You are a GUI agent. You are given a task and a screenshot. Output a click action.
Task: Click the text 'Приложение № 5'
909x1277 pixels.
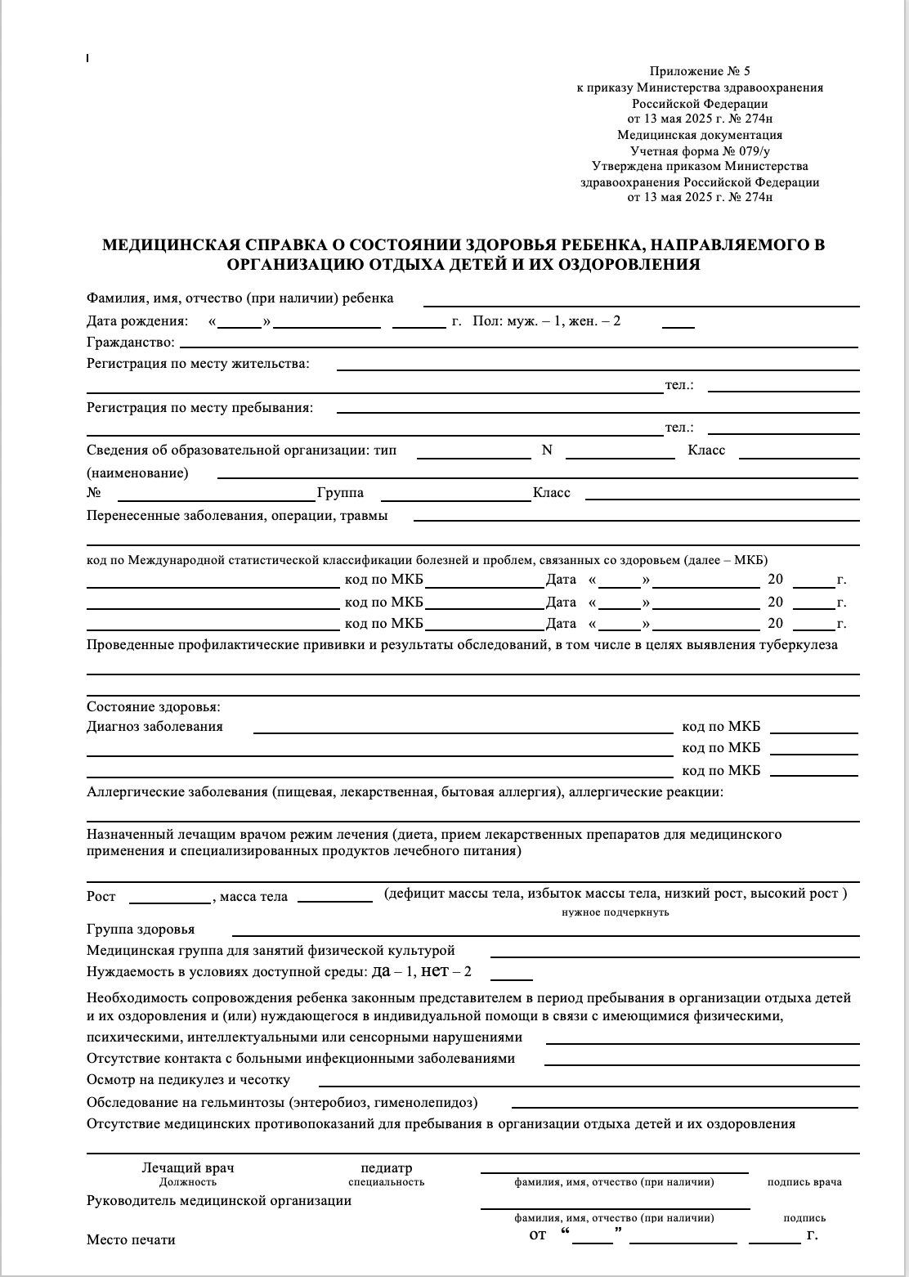699,72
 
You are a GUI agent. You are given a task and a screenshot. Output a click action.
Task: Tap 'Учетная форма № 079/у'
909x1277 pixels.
699,150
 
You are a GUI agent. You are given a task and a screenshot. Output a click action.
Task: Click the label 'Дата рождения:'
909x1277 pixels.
137,321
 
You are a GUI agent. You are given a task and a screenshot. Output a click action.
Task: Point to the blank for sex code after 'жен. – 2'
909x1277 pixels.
678,325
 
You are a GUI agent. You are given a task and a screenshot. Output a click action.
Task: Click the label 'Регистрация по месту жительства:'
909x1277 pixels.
198,364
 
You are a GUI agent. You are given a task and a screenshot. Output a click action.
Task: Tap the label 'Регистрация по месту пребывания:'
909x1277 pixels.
199,407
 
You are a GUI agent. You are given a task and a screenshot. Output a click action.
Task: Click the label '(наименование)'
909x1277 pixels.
137,473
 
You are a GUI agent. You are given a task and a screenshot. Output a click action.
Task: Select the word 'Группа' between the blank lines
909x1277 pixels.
340,493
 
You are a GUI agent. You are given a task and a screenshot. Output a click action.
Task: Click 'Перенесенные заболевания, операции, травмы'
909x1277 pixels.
237,516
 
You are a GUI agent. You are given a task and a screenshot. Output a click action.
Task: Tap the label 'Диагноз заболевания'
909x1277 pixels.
154,726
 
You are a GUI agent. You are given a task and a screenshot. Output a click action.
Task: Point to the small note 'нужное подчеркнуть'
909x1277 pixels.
615,912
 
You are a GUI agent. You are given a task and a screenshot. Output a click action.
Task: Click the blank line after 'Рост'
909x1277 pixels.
170,900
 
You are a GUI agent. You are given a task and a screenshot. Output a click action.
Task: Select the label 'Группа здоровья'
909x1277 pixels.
141,930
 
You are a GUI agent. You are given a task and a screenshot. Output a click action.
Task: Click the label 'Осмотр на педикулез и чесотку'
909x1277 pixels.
188,1080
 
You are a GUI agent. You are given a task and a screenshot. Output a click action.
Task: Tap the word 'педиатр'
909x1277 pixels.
386,1168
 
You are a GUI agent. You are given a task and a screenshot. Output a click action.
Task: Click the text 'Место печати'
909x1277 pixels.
131,1239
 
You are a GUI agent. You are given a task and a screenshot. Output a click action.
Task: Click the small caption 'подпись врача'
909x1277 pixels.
804,1182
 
